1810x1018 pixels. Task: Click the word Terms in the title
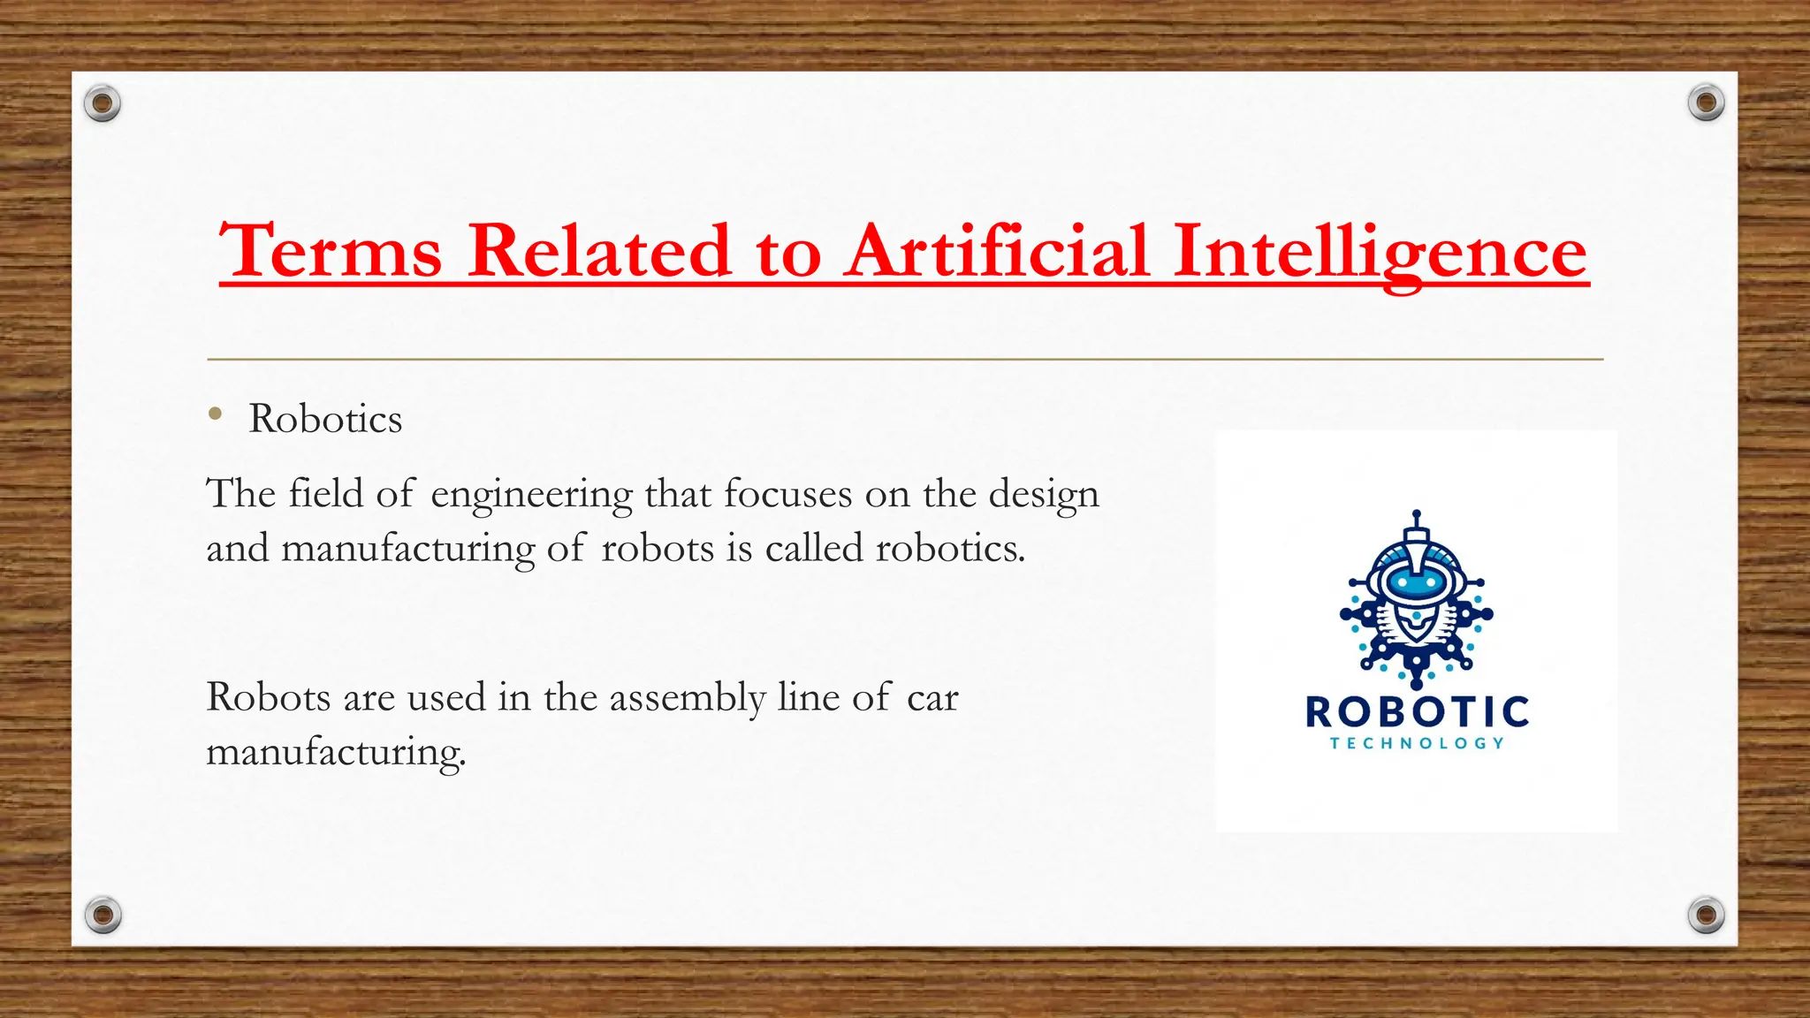331,252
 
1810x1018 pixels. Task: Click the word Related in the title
599,252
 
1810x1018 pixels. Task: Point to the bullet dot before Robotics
215,414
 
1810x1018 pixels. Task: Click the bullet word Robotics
325,419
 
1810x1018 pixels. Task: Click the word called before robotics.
814,549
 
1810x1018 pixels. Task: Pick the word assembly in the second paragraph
688,698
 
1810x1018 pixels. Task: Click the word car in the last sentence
932,699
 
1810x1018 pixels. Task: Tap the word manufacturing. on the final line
336,753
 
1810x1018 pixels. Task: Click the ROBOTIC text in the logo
1417,712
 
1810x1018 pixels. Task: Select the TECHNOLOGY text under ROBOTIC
1417,743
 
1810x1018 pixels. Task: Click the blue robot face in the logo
1417,583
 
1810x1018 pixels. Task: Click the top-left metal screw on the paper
103,103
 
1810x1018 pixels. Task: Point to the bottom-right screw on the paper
1706,915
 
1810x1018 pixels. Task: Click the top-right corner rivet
1706,103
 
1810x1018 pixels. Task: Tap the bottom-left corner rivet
103,915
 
